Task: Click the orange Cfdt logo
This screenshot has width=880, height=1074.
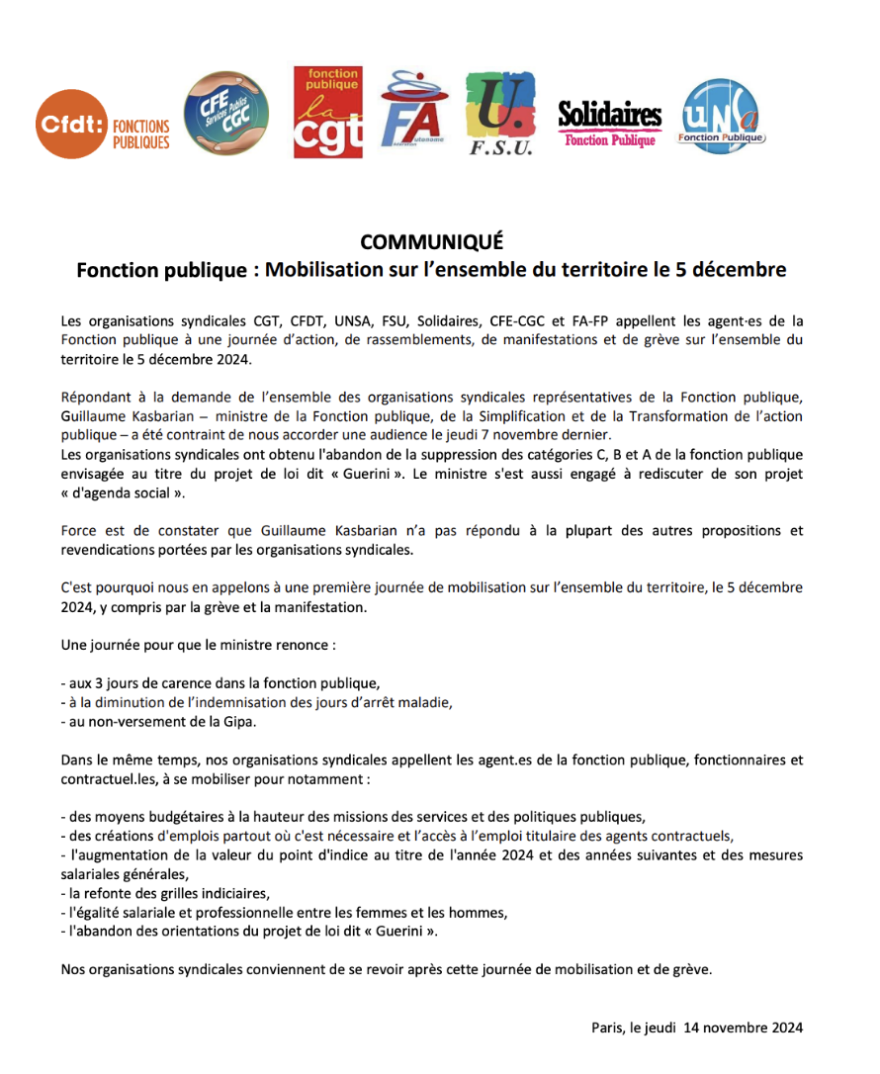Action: tap(103, 123)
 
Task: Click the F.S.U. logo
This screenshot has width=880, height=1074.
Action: tap(500, 114)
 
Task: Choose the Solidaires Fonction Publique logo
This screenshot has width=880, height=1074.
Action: tap(609, 125)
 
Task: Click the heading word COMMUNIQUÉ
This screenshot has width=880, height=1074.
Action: tap(431, 242)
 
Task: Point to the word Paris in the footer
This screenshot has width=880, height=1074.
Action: tap(607, 1027)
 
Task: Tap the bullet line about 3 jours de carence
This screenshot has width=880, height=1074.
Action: tap(220, 683)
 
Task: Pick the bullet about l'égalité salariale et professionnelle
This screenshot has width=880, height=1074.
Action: tap(284, 912)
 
